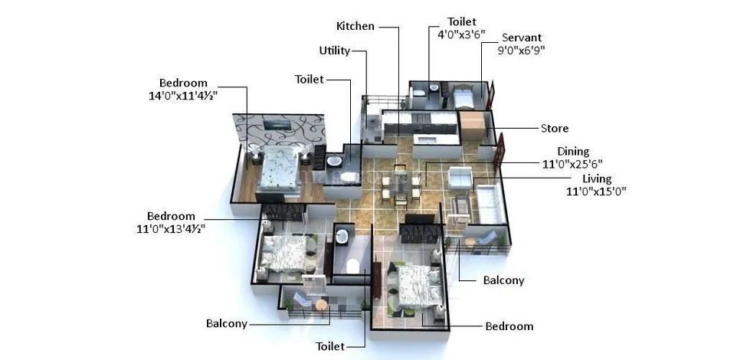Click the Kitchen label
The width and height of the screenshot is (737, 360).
[355, 26]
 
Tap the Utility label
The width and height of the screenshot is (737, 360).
[335, 51]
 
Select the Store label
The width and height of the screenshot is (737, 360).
[555, 129]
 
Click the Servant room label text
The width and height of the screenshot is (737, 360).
[522, 38]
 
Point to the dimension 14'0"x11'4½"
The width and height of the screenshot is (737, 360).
[183, 95]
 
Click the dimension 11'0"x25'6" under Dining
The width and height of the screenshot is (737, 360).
[573, 164]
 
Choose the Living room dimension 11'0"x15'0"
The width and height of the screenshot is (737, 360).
[597, 191]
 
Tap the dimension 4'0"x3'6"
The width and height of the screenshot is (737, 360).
[461, 34]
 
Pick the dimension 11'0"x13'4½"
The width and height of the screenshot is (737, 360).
[171, 229]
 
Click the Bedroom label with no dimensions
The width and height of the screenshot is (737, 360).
[509, 326]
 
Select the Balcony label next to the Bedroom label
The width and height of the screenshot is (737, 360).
[503, 280]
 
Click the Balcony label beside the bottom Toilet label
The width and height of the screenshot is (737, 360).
[227, 324]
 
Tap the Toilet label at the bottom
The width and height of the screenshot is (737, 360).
[330, 347]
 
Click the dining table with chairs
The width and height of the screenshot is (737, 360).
[400, 185]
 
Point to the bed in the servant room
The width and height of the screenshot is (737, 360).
[462, 97]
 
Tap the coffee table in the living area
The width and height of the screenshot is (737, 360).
[459, 205]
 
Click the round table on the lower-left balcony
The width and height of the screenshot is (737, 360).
[321, 304]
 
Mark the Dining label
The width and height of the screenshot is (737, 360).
[573, 152]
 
